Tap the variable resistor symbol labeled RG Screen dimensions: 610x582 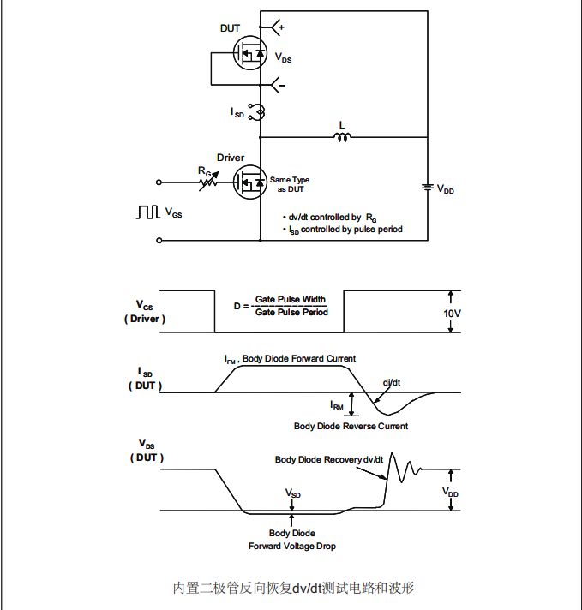[206, 182]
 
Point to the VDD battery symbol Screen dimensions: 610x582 [426, 188]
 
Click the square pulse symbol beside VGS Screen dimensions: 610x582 [147, 211]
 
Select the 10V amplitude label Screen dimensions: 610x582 [452, 314]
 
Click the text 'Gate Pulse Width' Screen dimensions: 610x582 [291, 300]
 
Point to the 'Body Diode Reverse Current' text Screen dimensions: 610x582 [351, 426]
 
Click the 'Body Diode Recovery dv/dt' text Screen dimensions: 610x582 [329, 460]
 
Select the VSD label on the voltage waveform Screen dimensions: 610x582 [293, 494]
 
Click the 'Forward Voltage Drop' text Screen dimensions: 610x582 [292, 546]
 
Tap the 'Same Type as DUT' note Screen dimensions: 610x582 [290, 184]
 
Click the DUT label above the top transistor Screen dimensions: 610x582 [231, 28]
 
